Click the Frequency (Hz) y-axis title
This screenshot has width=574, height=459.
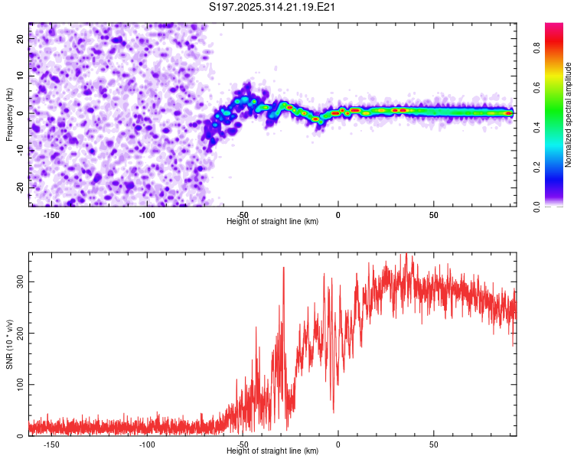(x=9, y=114)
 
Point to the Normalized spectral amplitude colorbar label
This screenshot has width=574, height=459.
(x=569, y=114)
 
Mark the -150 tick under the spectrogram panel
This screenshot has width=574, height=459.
(x=51, y=215)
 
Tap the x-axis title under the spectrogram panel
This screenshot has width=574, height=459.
(x=272, y=222)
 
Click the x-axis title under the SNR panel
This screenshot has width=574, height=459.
(x=272, y=451)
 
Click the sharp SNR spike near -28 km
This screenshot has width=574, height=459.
(x=284, y=268)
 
